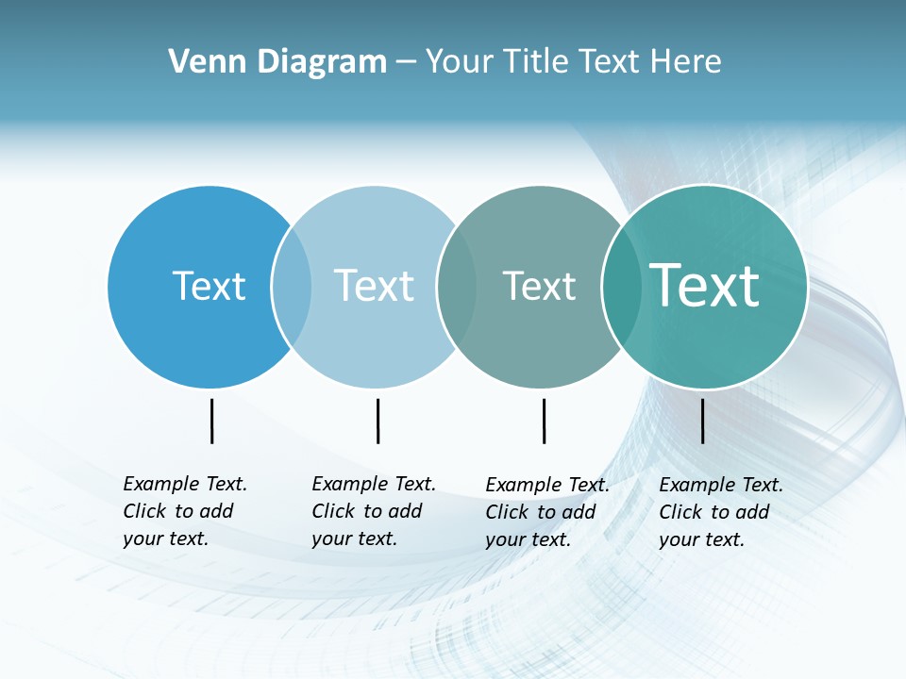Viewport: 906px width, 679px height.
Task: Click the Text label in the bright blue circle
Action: point(209,286)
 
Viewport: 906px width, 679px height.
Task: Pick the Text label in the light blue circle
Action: point(374,286)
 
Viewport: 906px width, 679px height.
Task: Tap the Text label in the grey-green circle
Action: point(539,287)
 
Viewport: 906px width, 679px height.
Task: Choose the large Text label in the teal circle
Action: point(704,285)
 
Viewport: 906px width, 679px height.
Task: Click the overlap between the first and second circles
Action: point(292,287)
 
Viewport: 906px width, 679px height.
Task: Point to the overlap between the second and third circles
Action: point(457,287)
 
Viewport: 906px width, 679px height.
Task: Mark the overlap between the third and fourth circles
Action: point(622,287)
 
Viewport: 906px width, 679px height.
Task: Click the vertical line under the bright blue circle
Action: point(211,421)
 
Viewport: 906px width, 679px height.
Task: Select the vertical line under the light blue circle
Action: point(377,421)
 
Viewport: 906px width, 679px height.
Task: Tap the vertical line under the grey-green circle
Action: point(544,421)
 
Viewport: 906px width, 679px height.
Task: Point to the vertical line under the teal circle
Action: point(702,421)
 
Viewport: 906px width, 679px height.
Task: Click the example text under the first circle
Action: point(184,511)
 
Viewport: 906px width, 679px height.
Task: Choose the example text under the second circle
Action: point(373,511)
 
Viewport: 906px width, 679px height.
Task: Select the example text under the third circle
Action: point(546,512)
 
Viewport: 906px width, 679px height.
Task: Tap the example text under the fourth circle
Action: point(720,512)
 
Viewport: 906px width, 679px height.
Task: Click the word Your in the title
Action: point(461,62)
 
